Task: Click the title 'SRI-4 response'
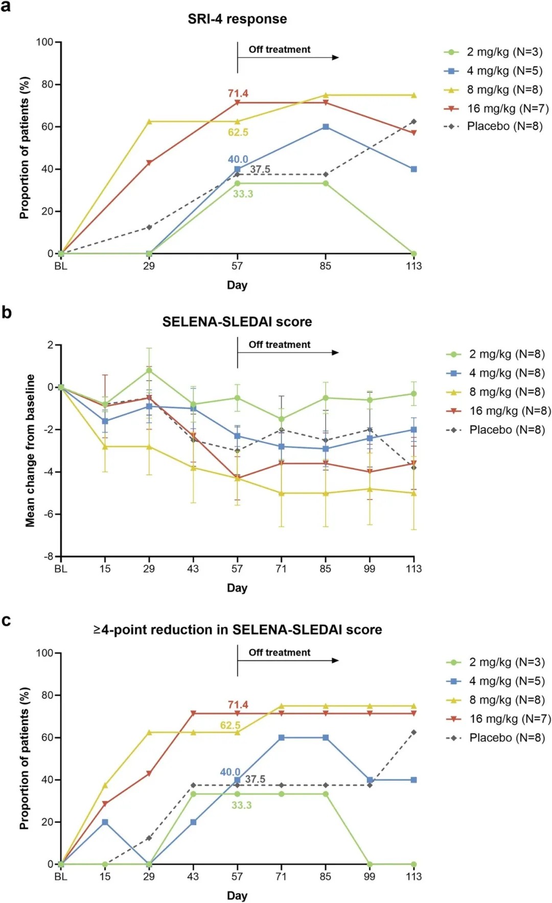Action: click(237, 19)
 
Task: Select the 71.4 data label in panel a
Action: click(238, 93)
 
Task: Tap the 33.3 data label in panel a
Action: click(243, 194)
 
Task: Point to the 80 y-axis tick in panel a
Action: click(48, 84)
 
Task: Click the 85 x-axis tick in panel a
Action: click(326, 266)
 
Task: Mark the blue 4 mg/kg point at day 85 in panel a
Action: click(326, 127)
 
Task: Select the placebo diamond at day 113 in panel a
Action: click(413, 122)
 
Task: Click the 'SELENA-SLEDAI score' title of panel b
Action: click(237, 322)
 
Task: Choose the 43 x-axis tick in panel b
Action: click(193, 569)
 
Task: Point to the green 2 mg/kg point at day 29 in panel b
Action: click(149, 370)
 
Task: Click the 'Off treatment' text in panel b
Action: click(280, 345)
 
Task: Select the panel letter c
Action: click(6, 621)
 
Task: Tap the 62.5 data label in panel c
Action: click(230, 725)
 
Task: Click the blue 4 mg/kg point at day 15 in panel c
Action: click(105, 822)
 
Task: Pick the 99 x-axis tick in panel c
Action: click(370, 877)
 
